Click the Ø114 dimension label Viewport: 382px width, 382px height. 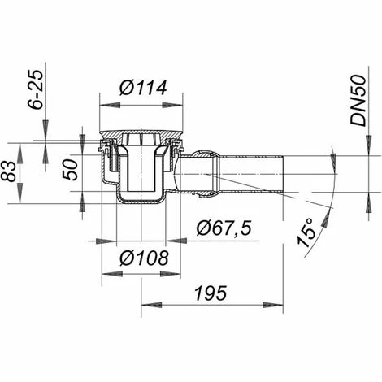(x=143, y=88)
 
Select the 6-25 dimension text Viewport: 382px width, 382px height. (x=36, y=89)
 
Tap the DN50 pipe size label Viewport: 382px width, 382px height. (x=358, y=100)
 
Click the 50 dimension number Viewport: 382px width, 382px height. (x=70, y=170)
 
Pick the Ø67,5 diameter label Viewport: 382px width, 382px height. (x=224, y=228)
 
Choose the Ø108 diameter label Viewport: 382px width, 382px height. (x=144, y=258)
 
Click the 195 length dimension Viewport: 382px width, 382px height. (x=211, y=293)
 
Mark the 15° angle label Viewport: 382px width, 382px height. (x=306, y=232)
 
